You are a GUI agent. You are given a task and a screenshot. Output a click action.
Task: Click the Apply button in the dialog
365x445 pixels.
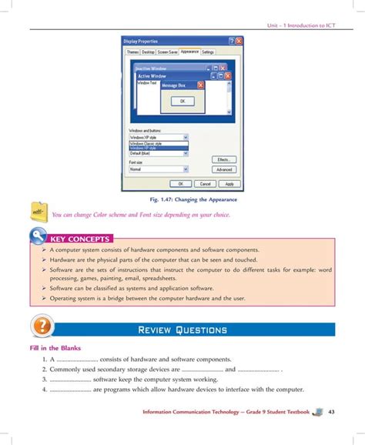[x=229, y=184]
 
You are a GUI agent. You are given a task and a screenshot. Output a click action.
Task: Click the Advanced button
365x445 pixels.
[x=224, y=169]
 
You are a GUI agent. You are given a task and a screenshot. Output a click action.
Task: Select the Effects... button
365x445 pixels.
[x=224, y=159]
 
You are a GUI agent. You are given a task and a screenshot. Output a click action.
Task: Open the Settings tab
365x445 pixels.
[x=208, y=52]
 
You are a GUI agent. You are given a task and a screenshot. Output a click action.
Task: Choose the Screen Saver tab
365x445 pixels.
[x=168, y=52]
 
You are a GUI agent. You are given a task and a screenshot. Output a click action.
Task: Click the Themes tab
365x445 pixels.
[x=133, y=52]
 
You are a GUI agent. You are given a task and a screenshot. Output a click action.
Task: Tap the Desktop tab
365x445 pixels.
[x=148, y=52]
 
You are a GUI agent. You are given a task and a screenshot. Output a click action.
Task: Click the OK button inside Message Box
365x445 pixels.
[x=182, y=101]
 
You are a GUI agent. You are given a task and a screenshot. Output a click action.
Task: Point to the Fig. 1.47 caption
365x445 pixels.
[x=182, y=199]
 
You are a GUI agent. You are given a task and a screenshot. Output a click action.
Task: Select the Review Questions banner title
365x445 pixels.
[x=182, y=330]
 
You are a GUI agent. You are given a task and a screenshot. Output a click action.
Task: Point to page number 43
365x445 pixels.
[x=331, y=413]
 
